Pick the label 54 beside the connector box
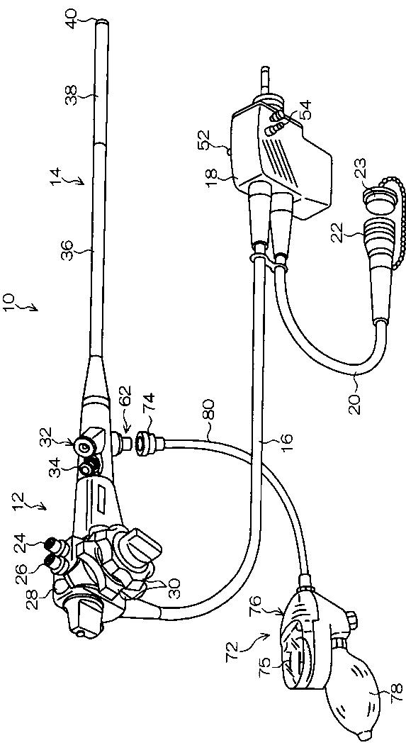click(x=305, y=110)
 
